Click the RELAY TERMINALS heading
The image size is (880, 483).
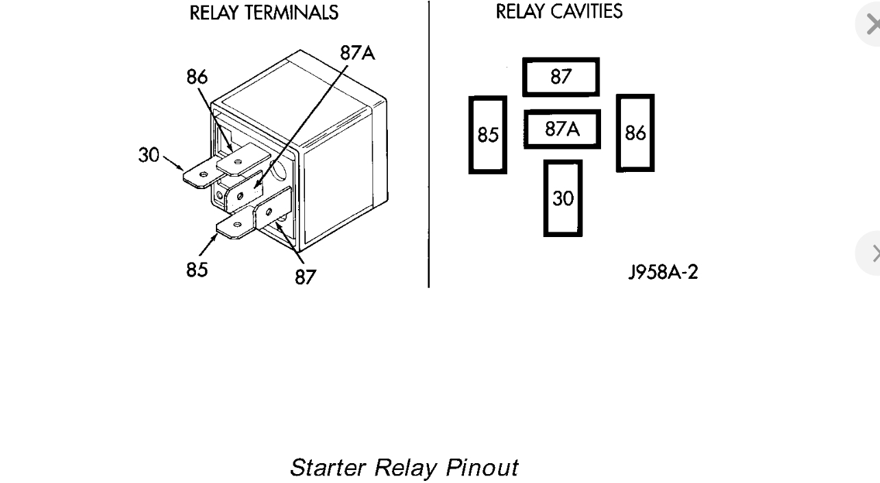click(x=264, y=12)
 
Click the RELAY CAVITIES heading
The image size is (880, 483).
click(x=559, y=12)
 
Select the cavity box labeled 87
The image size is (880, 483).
click(x=561, y=77)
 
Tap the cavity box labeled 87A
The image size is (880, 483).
click(x=562, y=129)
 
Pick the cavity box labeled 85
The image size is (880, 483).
click(x=488, y=135)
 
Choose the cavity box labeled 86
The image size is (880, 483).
click(x=635, y=133)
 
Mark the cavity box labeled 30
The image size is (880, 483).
click(x=563, y=198)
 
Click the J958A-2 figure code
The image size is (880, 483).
click(x=663, y=272)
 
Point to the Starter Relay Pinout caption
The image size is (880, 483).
click(x=404, y=468)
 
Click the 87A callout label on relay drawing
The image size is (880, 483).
click(x=357, y=53)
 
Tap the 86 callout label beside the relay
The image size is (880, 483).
click(x=197, y=77)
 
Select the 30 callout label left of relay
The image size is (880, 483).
click(x=149, y=155)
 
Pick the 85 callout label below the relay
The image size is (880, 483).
click(x=197, y=269)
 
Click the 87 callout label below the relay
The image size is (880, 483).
click(x=306, y=276)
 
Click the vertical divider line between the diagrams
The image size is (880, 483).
click(x=429, y=144)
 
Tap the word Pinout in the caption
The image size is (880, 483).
click(x=482, y=468)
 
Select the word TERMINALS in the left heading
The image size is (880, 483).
click(x=295, y=12)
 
